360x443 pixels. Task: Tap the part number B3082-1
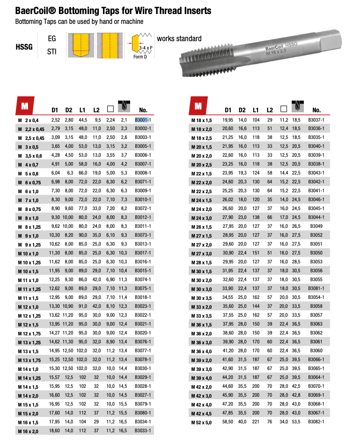point(316,422)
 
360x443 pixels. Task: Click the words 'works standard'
point(179,38)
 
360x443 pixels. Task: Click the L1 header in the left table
point(82,110)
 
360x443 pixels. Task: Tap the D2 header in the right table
point(242,110)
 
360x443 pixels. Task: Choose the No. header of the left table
point(143,110)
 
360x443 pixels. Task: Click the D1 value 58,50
point(228,422)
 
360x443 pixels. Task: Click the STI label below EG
point(52,51)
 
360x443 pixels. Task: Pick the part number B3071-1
point(143,182)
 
